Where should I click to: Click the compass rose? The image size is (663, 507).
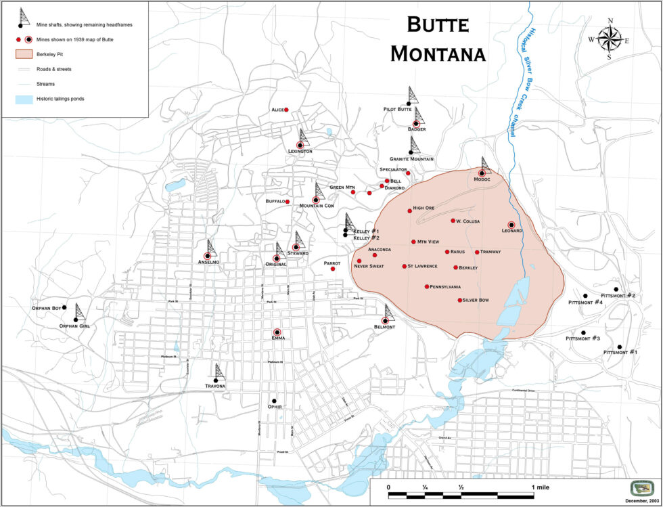click(610, 39)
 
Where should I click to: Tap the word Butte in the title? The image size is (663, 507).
click(438, 25)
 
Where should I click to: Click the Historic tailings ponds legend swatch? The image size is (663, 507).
click(23, 100)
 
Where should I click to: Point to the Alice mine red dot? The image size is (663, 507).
click(286, 110)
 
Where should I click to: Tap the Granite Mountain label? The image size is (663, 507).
click(411, 159)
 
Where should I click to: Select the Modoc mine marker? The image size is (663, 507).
click(482, 173)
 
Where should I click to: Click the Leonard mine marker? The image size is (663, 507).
click(511, 225)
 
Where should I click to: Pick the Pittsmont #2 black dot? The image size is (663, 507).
click(616, 289)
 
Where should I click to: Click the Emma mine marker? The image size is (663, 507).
click(277, 332)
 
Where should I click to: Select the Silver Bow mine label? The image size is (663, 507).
click(476, 300)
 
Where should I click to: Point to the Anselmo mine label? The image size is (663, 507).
click(209, 261)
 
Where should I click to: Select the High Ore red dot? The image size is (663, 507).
click(409, 211)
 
